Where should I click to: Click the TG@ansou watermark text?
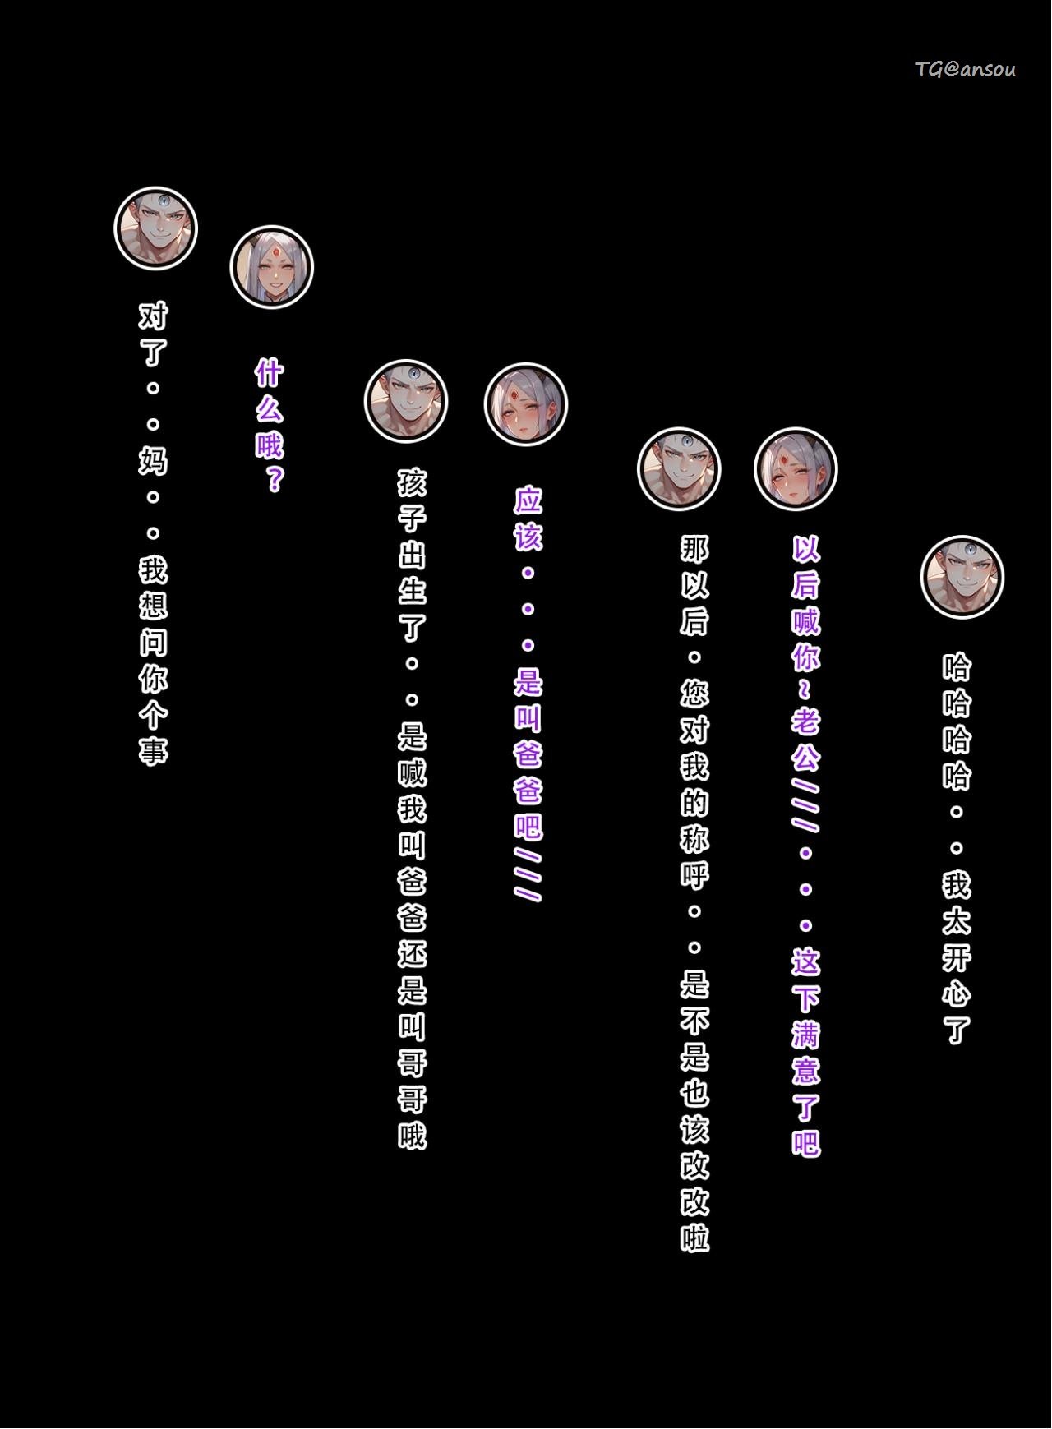[965, 70]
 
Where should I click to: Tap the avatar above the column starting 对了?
[155, 228]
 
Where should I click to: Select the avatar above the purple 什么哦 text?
[271, 267]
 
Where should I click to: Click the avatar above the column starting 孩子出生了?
[406, 401]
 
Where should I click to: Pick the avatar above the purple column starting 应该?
[526, 405]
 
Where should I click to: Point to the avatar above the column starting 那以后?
[679, 468]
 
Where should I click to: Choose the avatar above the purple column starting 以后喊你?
[796, 469]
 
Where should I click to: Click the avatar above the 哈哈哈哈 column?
[962, 578]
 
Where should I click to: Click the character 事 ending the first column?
[154, 749]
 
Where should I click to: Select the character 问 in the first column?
[154, 641]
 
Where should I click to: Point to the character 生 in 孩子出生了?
[413, 590]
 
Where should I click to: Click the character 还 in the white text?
[413, 953]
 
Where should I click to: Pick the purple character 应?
[528, 500]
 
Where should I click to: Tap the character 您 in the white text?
[694, 694]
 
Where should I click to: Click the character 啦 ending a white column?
[694, 1238]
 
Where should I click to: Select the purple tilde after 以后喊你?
[805, 690]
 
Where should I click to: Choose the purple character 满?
[805, 1034]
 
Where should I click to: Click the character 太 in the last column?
[957, 921]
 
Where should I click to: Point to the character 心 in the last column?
[957, 993]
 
